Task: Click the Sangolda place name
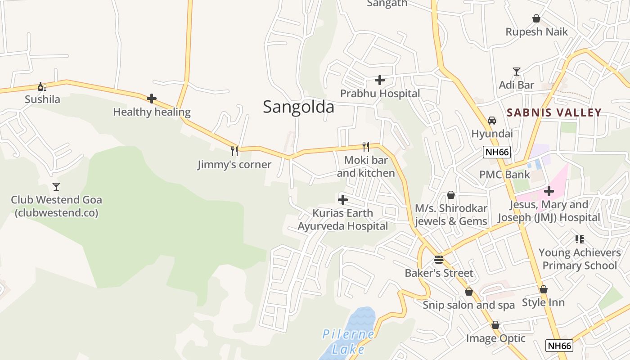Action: [298, 107]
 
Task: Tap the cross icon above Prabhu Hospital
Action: [380, 80]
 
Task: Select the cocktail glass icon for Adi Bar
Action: [517, 72]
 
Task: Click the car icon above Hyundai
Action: [492, 121]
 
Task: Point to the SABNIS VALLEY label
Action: [554, 112]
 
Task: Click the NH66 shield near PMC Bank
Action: [497, 152]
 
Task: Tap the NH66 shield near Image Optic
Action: [559, 346]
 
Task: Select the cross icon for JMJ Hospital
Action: [549, 191]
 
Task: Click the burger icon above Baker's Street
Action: [439, 260]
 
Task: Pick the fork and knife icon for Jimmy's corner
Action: [234, 151]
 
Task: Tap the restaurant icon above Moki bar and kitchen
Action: [366, 146]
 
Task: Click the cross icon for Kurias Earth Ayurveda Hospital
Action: [343, 199]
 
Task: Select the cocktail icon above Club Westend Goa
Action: [56, 186]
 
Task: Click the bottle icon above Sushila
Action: [42, 86]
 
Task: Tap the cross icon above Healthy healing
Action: [152, 98]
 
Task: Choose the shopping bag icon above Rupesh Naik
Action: [536, 18]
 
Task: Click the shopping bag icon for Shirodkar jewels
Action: [451, 195]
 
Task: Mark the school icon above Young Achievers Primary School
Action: [579, 239]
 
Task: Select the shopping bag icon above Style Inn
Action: [544, 289]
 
